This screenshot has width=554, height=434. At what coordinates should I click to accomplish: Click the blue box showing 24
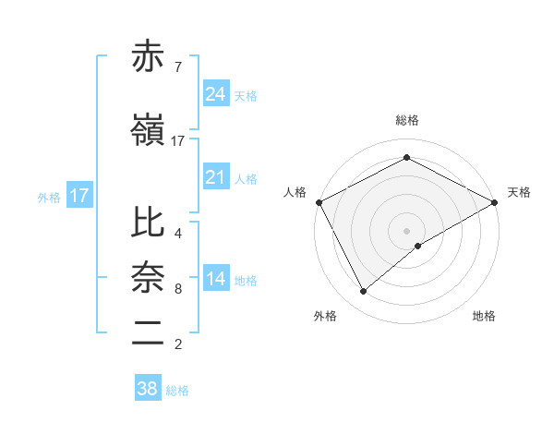pos(215,94)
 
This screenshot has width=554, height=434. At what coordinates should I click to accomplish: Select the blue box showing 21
pos(215,177)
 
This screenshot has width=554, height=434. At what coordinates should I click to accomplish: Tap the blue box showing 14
pos(215,279)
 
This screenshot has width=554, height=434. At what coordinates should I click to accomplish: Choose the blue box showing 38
pos(147,389)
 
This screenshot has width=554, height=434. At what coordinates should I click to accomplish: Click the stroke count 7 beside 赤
pos(177,67)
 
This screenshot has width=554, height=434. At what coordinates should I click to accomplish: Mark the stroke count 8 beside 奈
pos(177,289)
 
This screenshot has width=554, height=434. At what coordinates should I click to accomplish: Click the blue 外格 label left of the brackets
pos(49,197)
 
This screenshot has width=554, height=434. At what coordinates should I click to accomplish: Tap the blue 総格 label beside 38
pos(177,391)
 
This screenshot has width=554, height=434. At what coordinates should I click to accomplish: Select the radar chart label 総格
pos(406,120)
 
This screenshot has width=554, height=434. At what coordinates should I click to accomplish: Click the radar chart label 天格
pos(519,192)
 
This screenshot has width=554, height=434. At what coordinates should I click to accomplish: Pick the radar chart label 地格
pos(484,317)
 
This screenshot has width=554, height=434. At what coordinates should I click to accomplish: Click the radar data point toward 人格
pos(319,201)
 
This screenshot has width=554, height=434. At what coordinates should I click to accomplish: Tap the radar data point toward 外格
pos(364,292)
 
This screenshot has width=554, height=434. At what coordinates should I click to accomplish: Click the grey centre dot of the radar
pos(406,230)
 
